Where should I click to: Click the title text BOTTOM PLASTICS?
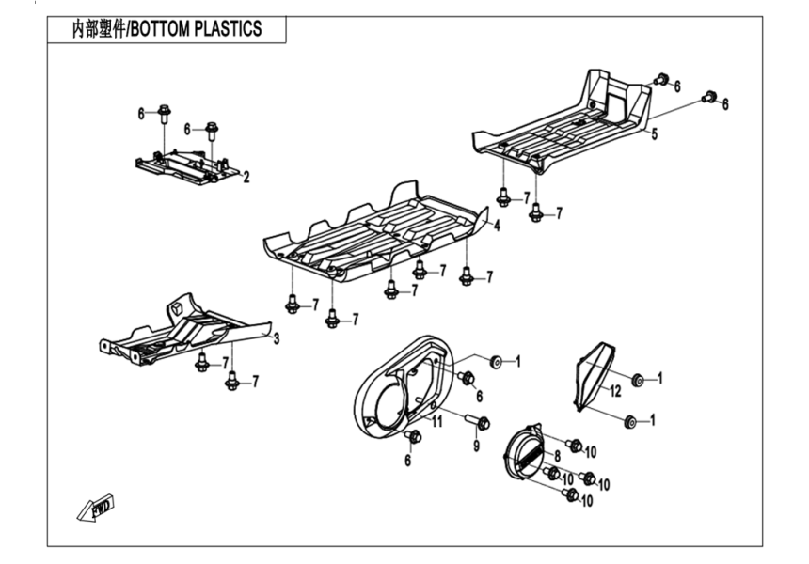coord(195,29)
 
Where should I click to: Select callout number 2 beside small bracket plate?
coord(246,177)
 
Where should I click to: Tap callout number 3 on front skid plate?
coord(277,337)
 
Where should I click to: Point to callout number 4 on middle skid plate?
coord(496,227)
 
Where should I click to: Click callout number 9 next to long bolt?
coord(476,446)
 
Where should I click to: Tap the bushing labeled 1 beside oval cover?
coord(496,362)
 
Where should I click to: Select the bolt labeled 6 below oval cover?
coord(413,435)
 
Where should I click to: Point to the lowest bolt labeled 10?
coord(569,494)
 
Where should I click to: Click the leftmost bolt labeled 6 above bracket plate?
coord(164,113)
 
